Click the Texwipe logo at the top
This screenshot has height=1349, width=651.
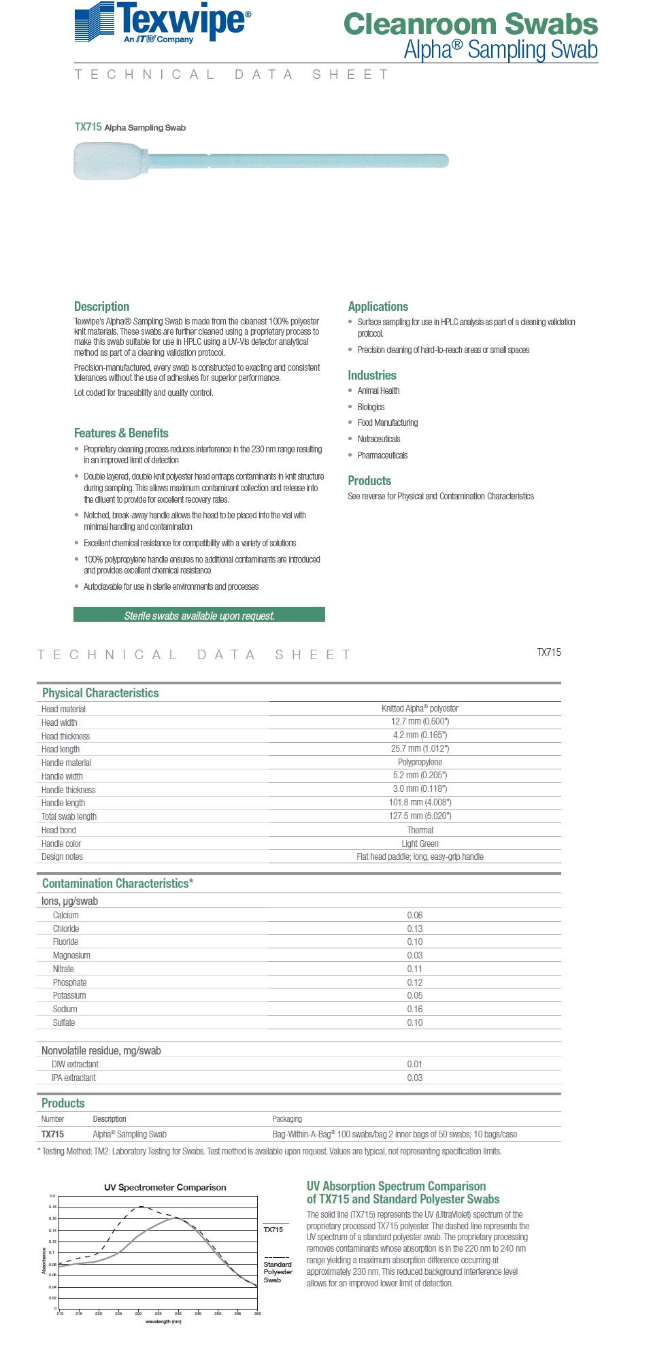[163, 23]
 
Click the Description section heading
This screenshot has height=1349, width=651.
[101, 307]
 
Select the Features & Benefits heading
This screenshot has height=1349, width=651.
[121, 433]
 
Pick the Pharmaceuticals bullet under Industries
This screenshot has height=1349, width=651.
[382, 455]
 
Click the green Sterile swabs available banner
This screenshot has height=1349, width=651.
[199, 616]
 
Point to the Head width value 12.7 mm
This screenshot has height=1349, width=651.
[420, 722]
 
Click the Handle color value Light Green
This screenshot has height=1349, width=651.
[420, 844]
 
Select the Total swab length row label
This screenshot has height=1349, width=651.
[69, 816]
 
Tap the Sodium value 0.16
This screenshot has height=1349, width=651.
[415, 1009]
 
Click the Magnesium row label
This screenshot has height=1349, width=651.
[71, 955]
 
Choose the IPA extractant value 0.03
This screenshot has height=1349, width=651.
[415, 1078]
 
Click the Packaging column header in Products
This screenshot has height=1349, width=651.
[287, 1119]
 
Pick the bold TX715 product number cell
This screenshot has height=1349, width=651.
[52, 1134]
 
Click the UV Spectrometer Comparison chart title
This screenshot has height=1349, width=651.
[165, 1187]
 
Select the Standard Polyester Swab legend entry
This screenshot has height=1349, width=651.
[278, 1271]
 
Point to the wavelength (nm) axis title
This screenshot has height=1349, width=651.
[163, 1322]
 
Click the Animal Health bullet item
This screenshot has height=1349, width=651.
[378, 390]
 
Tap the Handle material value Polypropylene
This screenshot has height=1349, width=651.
[420, 763]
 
